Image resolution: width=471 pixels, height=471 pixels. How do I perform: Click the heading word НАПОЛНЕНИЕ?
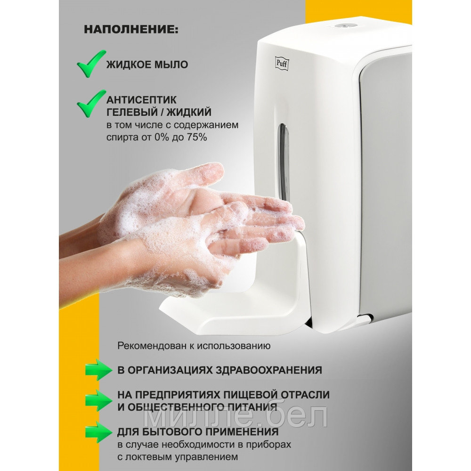click(131, 30)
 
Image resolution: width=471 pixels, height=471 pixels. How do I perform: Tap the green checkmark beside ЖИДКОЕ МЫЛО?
click(91, 64)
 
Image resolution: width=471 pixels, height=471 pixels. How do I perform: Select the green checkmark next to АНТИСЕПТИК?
click(91, 104)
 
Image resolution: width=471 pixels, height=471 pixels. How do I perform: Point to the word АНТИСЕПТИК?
click(141, 100)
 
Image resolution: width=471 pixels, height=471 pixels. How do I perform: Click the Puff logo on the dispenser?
click(282, 64)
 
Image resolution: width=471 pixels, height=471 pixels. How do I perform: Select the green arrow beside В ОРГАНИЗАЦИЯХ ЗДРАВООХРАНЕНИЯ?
click(98, 370)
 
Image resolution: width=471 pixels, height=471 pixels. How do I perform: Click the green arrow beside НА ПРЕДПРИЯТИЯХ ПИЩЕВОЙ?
click(98, 400)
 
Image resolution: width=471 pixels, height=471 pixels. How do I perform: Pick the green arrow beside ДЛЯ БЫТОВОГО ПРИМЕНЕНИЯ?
click(98, 432)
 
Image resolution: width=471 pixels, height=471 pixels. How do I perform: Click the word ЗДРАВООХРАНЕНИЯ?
click(269, 370)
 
